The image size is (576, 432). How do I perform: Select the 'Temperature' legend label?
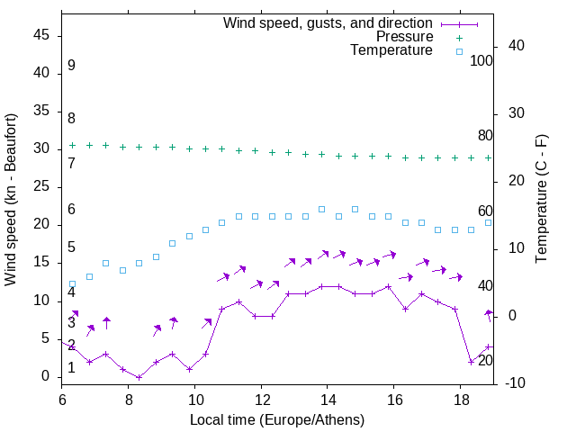pos(391,51)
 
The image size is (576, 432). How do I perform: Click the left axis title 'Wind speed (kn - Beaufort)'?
pos(11,200)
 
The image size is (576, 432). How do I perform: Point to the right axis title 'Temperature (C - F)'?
pos(542,200)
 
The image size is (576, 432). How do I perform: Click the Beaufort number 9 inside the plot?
pos(71,66)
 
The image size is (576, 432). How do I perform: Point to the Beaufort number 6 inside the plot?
pos(71,210)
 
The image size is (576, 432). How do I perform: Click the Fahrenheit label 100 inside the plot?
pos(481,60)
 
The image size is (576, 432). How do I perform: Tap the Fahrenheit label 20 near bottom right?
pos(485,360)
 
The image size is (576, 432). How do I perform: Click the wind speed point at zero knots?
pos(139,377)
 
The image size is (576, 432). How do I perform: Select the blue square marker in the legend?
pos(459,51)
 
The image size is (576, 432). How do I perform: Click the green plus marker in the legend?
pos(459,37)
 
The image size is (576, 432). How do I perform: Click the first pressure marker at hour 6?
pos(73,145)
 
